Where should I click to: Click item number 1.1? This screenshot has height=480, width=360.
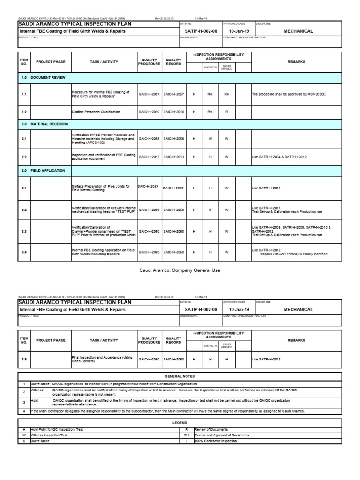(24, 94)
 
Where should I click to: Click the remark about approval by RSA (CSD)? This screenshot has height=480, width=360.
(288, 94)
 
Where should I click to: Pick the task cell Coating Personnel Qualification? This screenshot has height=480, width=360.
(96, 112)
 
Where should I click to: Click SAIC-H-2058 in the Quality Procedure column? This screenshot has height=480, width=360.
(149, 139)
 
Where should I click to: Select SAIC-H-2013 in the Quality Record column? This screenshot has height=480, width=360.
(173, 157)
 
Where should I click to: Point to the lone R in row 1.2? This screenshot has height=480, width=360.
(226, 112)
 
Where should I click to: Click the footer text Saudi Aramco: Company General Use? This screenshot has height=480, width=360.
(180, 270)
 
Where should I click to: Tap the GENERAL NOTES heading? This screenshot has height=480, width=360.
(180, 376)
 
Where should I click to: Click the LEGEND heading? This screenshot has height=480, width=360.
(180, 422)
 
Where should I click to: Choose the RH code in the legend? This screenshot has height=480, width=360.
(187, 435)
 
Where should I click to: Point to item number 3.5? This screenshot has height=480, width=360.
(24, 359)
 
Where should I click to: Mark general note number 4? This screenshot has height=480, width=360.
(24, 411)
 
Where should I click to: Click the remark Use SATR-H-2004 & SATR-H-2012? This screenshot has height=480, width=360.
(279, 157)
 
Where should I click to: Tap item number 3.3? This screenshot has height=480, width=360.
(24, 231)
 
